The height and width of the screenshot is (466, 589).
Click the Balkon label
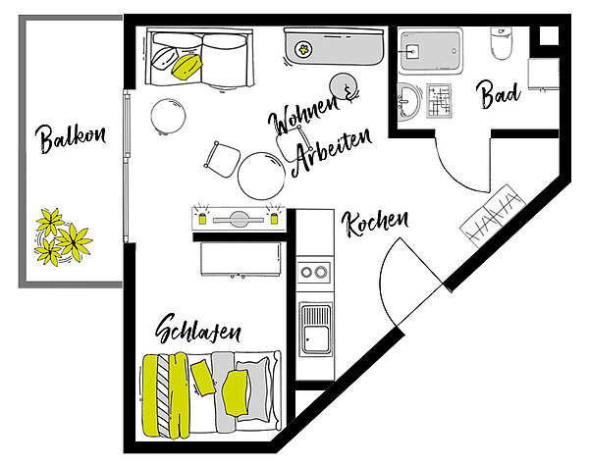coord(71,138)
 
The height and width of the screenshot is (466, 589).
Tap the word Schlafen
coord(198,329)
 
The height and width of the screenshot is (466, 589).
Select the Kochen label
coord(375,224)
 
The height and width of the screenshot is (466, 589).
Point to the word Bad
coord(498,94)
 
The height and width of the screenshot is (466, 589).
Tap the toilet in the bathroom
coord(501,43)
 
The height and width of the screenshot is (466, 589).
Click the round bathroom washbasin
coord(408,102)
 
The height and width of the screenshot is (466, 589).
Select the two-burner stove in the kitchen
coord(314,272)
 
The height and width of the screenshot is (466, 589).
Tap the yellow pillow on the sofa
coord(187,67)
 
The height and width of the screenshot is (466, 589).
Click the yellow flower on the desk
coord(302,49)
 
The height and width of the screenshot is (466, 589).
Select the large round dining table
coord(261,176)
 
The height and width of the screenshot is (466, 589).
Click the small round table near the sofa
coord(168,117)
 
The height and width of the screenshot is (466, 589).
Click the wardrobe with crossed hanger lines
coord(493,215)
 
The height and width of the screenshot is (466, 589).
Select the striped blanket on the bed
coord(164,395)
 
